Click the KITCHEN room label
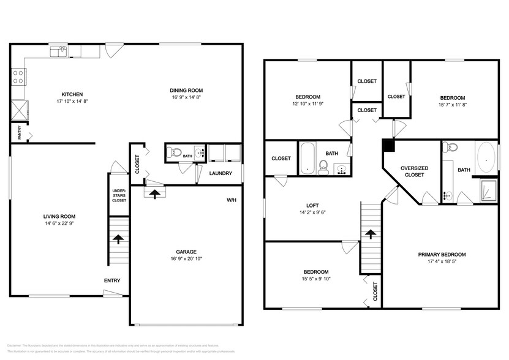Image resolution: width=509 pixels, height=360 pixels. (51, 94)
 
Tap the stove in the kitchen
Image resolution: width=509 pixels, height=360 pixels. (18, 77)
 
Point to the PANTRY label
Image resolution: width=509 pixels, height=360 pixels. (19, 133)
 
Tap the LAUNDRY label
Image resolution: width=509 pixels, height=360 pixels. (220, 173)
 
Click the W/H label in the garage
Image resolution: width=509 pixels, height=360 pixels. (231, 200)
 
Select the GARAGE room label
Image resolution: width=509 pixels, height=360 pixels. (186, 251)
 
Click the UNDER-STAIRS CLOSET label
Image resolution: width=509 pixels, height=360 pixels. (119, 195)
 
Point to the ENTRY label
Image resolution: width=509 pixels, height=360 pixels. (112, 280)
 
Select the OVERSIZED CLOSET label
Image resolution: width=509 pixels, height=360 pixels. (413, 171)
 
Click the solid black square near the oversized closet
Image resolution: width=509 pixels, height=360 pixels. (387, 144)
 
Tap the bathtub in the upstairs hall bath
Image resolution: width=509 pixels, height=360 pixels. (307, 158)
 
